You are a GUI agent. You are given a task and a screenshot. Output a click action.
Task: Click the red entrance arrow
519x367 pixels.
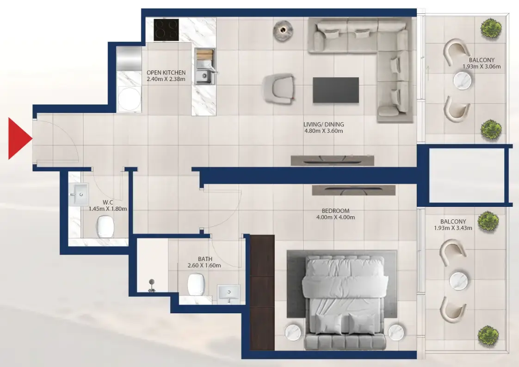(19, 138)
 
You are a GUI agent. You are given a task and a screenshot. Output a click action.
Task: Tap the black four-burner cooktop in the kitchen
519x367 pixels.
(166, 30)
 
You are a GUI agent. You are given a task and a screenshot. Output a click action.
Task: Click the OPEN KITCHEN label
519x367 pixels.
(166, 73)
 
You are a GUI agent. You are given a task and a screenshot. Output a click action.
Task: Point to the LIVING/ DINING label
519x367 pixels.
(323, 124)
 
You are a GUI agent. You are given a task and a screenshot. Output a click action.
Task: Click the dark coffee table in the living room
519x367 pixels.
(335, 90)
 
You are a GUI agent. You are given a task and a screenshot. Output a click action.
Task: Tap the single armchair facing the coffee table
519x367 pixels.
(278, 88)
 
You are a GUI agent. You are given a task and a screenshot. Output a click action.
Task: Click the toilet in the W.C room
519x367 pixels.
(105, 227)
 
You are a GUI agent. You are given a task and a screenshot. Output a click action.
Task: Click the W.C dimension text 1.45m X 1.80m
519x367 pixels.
(108, 209)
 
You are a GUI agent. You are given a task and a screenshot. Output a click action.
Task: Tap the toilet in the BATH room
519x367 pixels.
(196, 284)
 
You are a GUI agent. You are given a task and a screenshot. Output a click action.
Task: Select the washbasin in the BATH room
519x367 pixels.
(229, 292)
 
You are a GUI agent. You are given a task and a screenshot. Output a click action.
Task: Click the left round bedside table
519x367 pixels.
(293, 332)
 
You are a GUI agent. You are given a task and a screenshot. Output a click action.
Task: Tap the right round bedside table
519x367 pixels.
(396, 332)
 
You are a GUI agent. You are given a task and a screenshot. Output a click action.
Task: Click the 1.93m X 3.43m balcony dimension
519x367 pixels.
(453, 228)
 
